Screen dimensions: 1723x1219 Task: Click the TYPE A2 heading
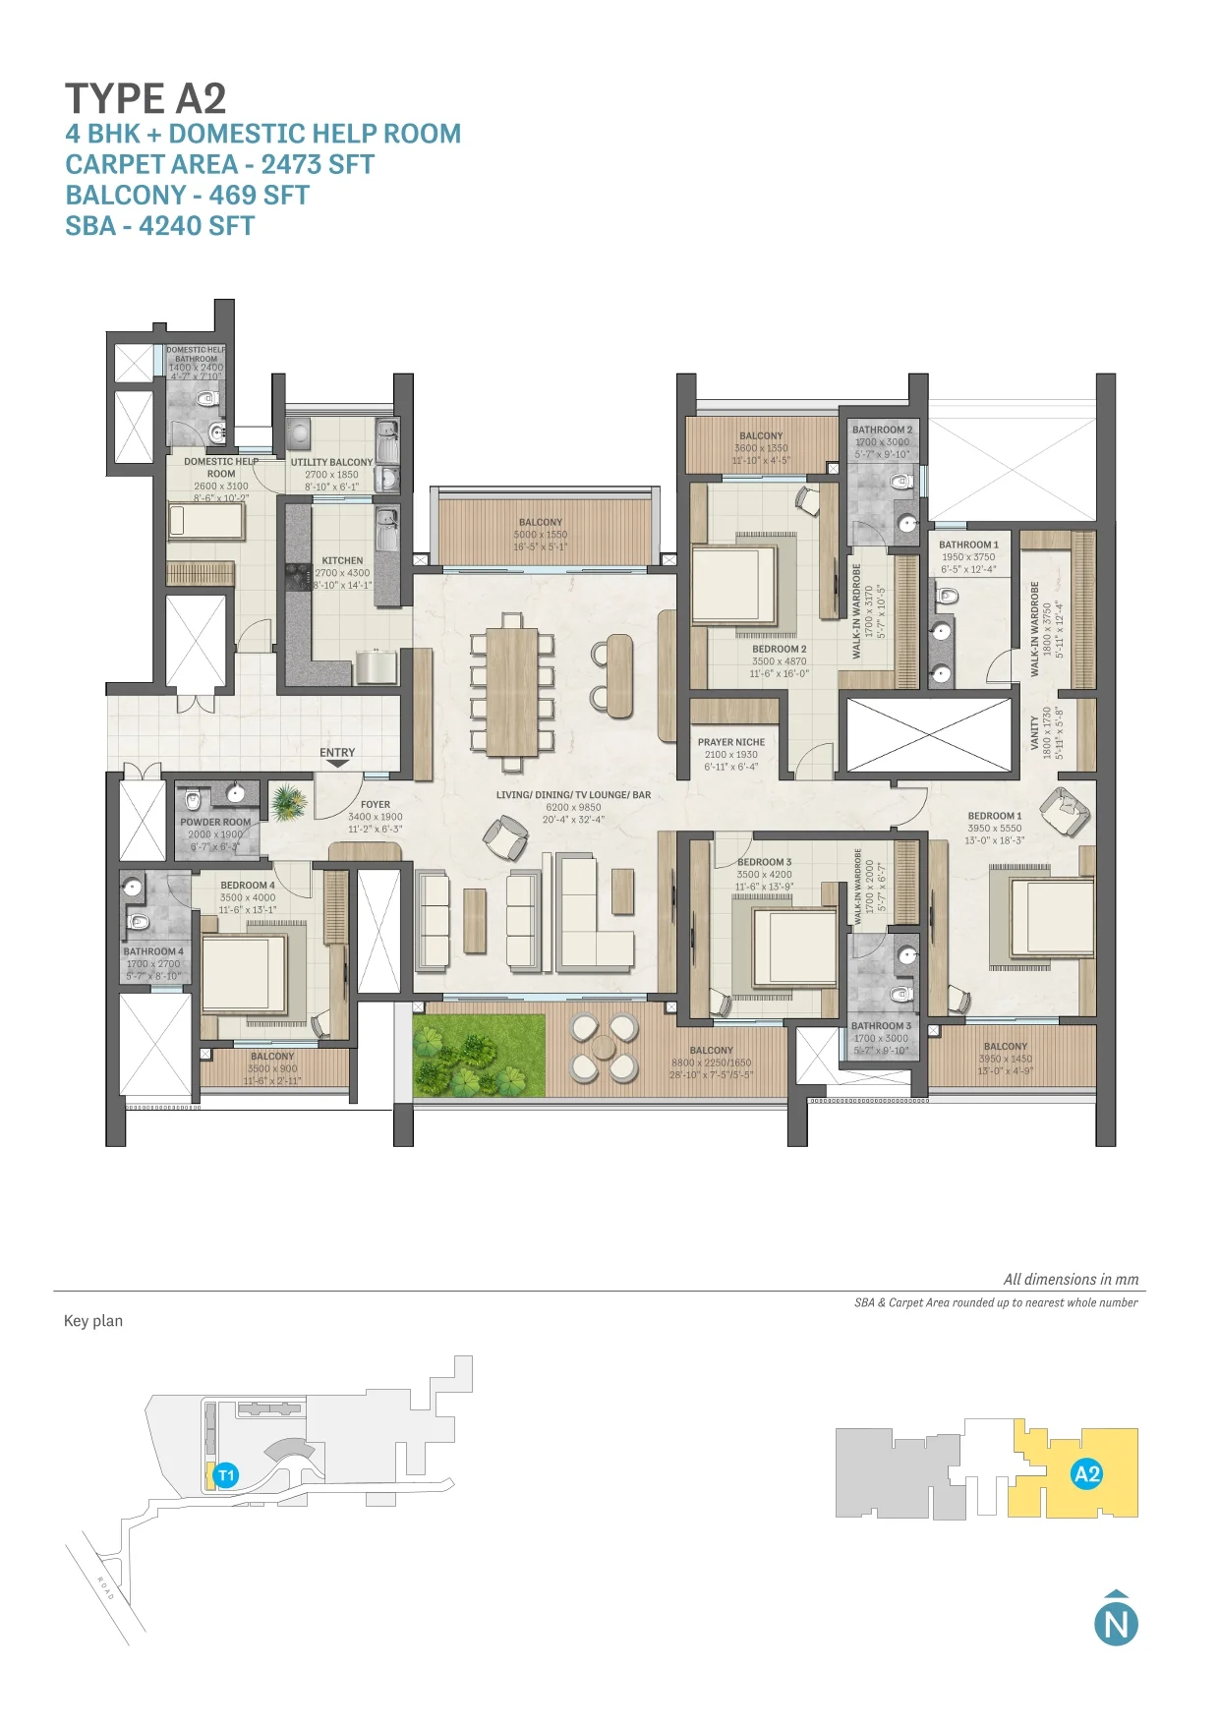click(145, 98)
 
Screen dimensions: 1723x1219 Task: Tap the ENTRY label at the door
click(337, 753)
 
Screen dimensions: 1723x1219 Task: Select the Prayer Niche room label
click(731, 743)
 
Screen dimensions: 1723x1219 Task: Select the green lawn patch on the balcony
click(479, 1056)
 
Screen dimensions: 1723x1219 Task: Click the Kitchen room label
click(342, 561)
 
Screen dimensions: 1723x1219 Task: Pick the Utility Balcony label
click(331, 462)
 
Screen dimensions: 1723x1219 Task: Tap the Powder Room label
click(215, 823)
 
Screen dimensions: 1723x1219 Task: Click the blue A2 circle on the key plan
click(1086, 1474)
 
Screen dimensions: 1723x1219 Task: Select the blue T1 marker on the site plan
click(226, 1475)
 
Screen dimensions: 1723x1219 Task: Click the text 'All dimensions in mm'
click(1071, 1280)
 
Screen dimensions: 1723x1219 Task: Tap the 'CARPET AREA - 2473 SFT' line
click(219, 164)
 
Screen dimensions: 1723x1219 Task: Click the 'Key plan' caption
click(93, 1321)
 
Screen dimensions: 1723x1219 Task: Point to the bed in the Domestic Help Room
click(206, 521)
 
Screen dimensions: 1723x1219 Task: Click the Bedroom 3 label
click(764, 862)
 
